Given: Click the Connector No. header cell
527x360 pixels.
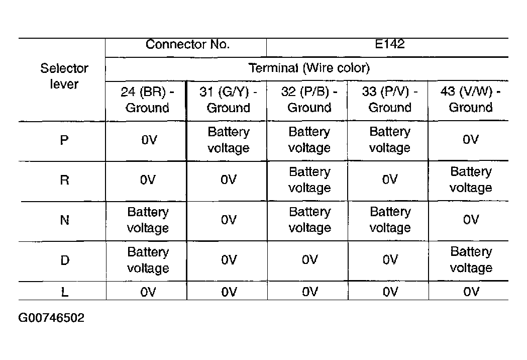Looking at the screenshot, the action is (x=187, y=44).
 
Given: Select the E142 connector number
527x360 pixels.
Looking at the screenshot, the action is (x=389, y=44).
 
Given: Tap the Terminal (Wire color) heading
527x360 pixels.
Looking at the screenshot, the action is (x=309, y=68).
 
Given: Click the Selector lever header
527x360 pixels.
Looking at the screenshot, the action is (x=64, y=76).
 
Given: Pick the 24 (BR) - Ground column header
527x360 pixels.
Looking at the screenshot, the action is (x=147, y=100).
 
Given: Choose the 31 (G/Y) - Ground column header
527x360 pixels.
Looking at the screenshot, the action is (x=228, y=100).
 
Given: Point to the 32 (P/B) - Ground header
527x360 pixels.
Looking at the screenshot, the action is (x=309, y=99).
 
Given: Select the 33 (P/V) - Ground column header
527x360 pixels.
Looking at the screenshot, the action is (x=390, y=99).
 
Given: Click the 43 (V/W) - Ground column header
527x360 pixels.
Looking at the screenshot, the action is (x=471, y=99).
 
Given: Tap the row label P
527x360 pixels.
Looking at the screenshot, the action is (x=64, y=140).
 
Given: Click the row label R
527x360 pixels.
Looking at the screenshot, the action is (x=64, y=180).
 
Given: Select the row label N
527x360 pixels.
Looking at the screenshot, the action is (x=64, y=220).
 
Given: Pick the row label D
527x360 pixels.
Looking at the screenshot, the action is (x=65, y=260).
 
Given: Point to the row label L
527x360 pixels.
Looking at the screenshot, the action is (x=65, y=292).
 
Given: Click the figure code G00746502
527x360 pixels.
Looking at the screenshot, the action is (x=51, y=318).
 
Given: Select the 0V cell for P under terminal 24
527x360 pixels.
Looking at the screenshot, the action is (x=149, y=140).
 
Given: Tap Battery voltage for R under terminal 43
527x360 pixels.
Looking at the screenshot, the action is (x=471, y=179).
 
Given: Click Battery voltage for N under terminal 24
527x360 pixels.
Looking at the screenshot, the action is (x=148, y=220).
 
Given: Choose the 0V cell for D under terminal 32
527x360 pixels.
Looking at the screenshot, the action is (x=309, y=260).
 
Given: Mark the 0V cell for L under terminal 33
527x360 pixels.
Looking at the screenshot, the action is (x=390, y=291).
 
